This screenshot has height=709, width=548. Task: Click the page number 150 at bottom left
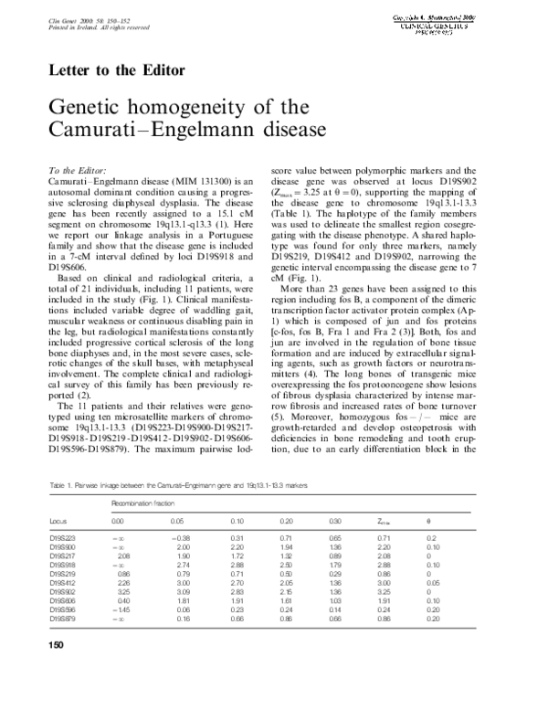[56, 647]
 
